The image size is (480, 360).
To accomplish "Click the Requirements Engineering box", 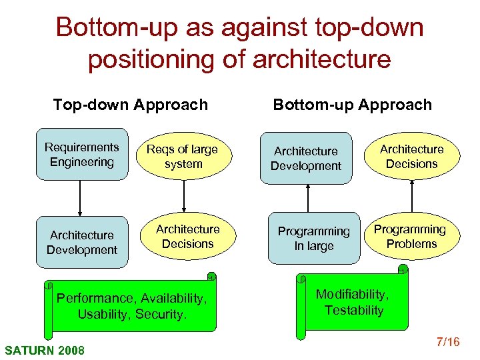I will (x=81, y=155).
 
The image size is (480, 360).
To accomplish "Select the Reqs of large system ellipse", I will (x=183, y=157).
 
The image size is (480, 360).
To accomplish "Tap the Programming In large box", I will (x=313, y=239).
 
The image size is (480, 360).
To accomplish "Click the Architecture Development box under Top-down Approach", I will (x=81, y=242).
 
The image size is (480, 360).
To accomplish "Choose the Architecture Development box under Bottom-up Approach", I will (x=305, y=159).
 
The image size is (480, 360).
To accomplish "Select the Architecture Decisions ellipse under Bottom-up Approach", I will (x=411, y=157).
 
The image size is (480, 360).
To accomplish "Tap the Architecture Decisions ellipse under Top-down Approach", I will (x=187, y=237).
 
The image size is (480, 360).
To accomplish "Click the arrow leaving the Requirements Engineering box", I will (x=80, y=198).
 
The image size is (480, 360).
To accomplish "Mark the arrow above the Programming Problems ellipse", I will (x=412, y=197).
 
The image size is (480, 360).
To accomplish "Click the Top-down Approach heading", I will (x=131, y=105).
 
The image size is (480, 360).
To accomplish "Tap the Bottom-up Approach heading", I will (x=352, y=105).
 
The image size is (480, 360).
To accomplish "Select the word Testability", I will (x=354, y=310).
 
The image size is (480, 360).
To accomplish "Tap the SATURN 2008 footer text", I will (x=45, y=349).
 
